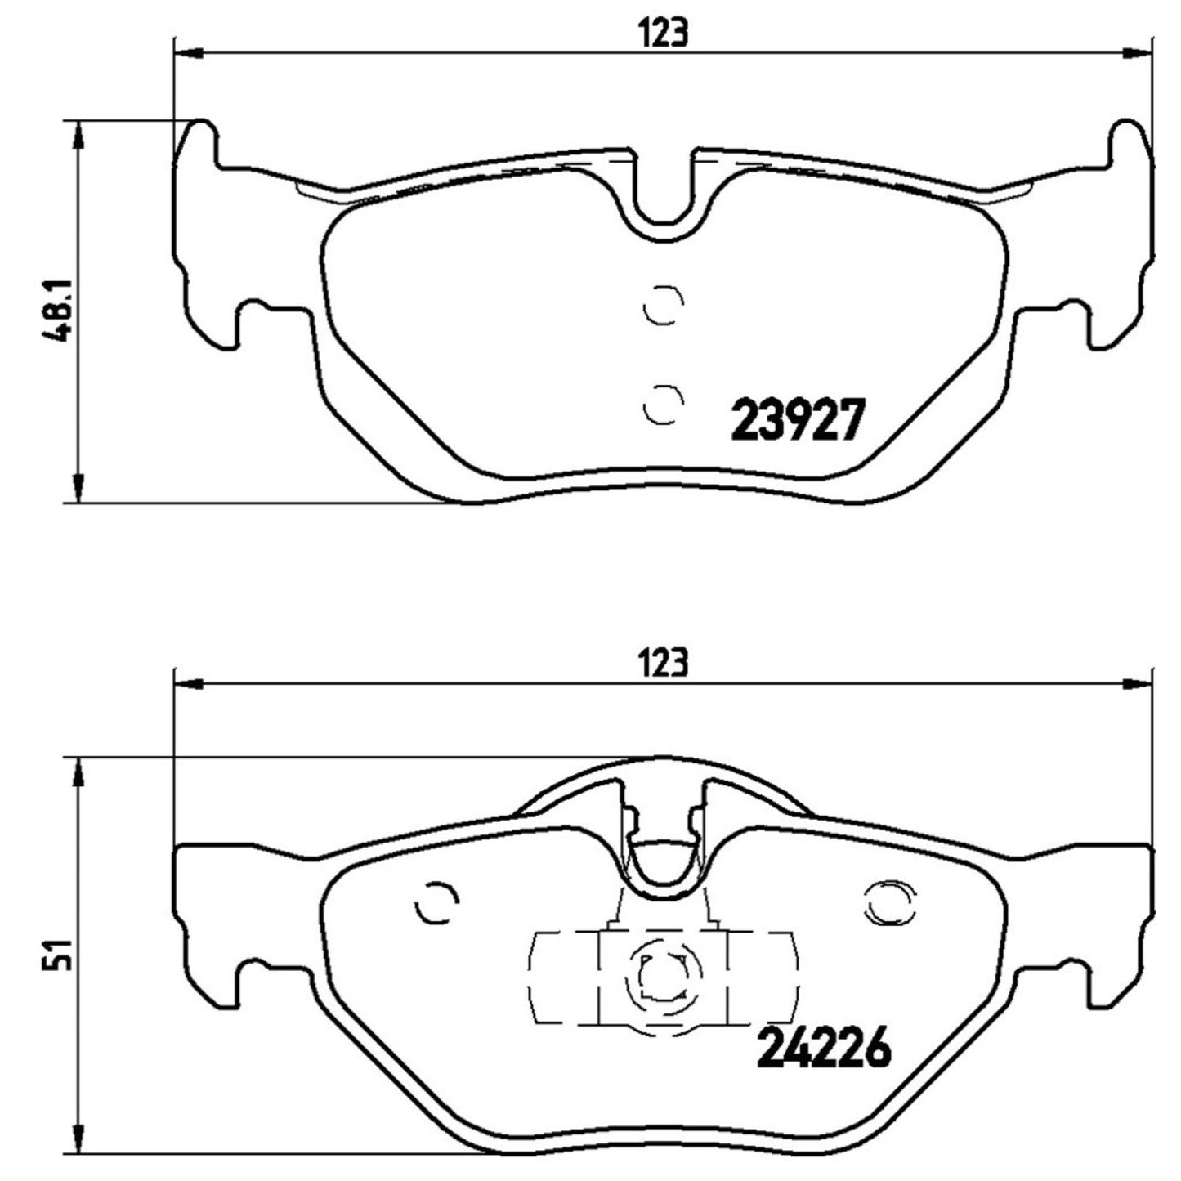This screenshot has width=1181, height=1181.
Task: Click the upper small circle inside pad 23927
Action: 661,306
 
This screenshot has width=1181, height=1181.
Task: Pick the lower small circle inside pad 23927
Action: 661,404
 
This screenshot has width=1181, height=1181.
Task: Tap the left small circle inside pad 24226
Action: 435,905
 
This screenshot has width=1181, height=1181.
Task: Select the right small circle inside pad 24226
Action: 888,903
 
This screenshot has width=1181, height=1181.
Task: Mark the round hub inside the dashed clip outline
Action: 662,977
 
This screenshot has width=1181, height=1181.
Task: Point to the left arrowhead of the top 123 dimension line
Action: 188,54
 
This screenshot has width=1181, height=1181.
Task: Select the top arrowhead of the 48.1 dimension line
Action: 78,136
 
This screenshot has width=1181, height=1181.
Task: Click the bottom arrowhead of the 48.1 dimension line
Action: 78,489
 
